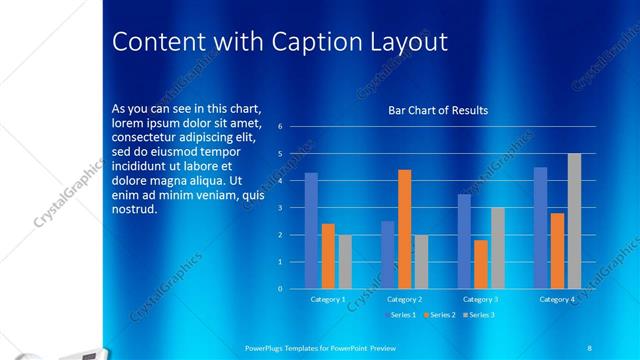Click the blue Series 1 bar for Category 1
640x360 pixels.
[x=311, y=231]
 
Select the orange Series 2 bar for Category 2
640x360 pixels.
[x=404, y=229]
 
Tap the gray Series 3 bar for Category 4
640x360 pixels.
[x=574, y=221]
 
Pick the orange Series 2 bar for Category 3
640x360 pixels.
[x=481, y=264]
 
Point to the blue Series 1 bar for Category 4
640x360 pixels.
[x=540, y=228]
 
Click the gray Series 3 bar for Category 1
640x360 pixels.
[x=345, y=262]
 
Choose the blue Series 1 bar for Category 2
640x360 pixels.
[x=387, y=255]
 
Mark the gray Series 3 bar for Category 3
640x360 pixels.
[x=497, y=248]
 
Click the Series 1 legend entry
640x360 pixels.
[x=402, y=315]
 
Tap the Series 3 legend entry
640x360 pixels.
[x=479, y=315]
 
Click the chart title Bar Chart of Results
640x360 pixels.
[x=438, y=110]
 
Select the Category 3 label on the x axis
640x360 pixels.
[x=480, y=299]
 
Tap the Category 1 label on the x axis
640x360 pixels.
[x=328, y=299]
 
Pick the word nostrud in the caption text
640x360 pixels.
[x=135, y=209]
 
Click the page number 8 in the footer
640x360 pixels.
[x=589, y=346]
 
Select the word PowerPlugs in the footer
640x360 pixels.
[x=267, y=346]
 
